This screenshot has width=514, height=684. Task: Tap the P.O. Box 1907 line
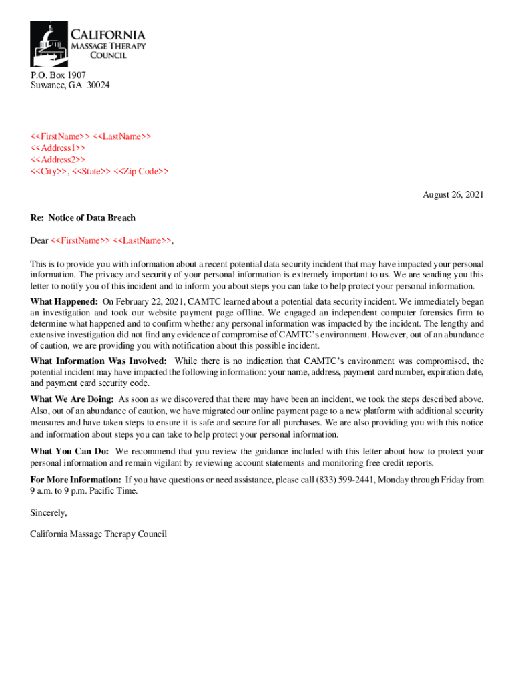(x=58, y=75)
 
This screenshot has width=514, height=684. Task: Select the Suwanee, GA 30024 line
(x=70, y=85)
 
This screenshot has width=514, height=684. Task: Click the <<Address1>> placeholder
(x=58, y=148)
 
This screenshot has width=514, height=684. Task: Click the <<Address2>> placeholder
(x=58, y=160)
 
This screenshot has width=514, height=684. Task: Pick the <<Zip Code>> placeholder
(x=141, y=172)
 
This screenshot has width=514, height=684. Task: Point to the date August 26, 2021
(x=453, y=195)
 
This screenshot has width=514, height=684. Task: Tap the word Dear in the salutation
(x=39, y=240)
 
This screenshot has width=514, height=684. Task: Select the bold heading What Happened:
(x=64, y=301)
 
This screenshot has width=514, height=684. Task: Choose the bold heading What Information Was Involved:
(x=99, y=361)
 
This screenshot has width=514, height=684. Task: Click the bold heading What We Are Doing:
(x=72, y=399)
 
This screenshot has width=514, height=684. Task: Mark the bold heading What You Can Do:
(x=69, y=452)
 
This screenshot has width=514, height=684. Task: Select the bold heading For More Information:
(x=76, y=480)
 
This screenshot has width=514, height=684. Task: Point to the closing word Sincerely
(x=49, y=513)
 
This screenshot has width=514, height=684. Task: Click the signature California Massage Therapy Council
(x=98, y=534)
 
